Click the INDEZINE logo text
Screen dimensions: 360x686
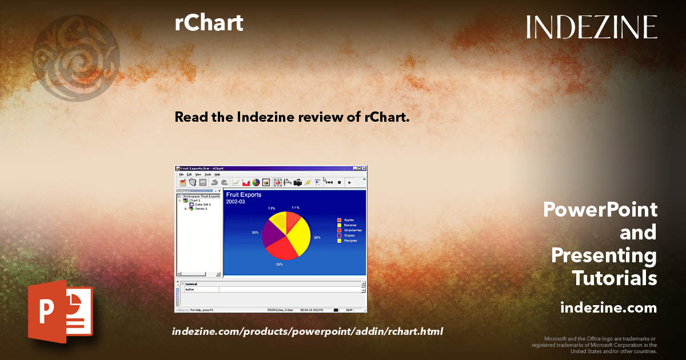(x=592, y=27)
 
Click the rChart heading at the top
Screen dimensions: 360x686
(x=209, y=23)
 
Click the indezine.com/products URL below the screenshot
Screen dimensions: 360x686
(x=308, y=331)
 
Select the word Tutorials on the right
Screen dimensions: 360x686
(x=615, y=278)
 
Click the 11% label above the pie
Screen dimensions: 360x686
(x=296, y=207)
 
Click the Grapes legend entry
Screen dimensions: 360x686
(x=349, y=235)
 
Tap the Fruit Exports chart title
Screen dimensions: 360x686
(x=244, y=195)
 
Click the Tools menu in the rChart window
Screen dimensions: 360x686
(x=208, y=174)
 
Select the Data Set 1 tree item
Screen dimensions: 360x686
(x=203, y=205)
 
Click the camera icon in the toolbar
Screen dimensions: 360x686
(x=297, y=182)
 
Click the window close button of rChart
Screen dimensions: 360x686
(x=363, y=168)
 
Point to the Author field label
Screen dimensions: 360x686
(x=190, y=289)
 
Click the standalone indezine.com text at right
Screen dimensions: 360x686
(x=609, y=308)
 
